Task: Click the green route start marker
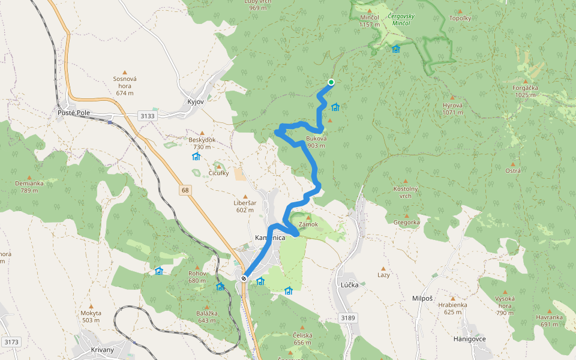click(331, 82)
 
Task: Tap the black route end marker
click(244, 278)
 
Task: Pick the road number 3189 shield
click(346, 317)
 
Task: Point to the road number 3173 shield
click(10, 342)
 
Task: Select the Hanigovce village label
click(469, 339)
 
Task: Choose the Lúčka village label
click(349, 285)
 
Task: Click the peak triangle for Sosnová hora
click(125, 71)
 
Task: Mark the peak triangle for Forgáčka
click(526, 81)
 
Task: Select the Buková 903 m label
click(316, 142)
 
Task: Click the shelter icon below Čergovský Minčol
click(395, 49)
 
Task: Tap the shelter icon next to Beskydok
click(196, 157)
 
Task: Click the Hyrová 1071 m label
click(454, 108)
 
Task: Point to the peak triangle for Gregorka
click(406, 216)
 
